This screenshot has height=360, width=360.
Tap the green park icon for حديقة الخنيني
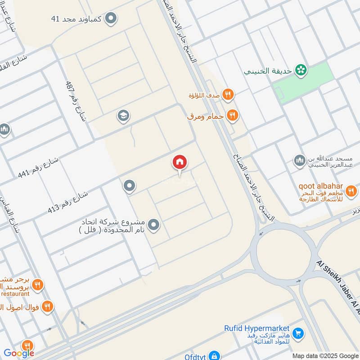coord(300,70)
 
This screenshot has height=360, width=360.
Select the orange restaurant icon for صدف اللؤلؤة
coord(228,94)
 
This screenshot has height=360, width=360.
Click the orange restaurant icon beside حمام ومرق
coord(232,116)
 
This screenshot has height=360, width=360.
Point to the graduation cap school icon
coord(123,116)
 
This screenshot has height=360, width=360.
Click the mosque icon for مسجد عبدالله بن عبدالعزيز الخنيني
coord(299,161)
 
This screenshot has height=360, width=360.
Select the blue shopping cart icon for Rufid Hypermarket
coord(297,333)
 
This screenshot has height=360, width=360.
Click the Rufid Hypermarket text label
coord(257,328)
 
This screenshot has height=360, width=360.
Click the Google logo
coord(19,353)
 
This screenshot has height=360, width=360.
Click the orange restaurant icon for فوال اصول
coord(47,307)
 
